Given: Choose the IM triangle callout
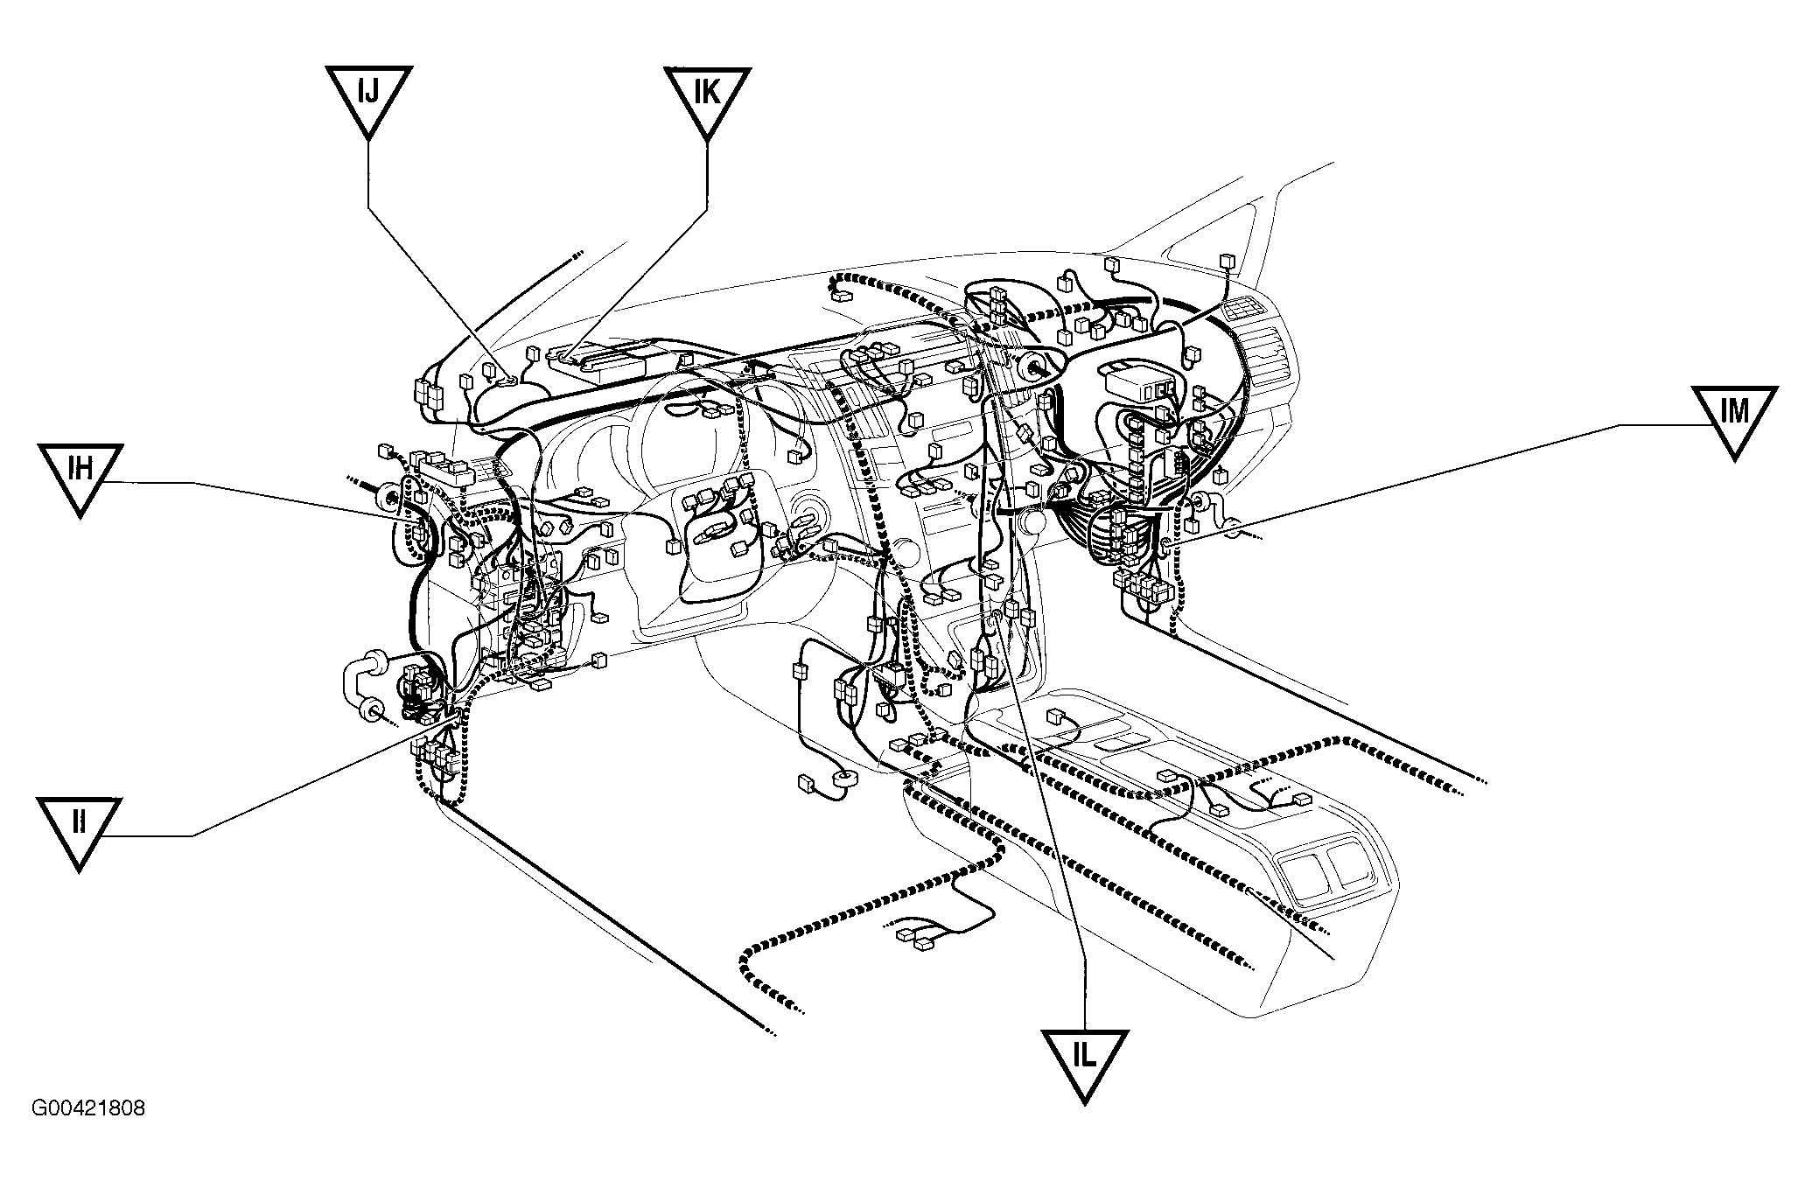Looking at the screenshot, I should click(x=1734, y=416).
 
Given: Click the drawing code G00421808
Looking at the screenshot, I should click(x=88, y=1108).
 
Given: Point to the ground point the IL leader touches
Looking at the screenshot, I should click(x=996, y=619).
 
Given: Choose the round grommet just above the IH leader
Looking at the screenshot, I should click(x=386, y=500).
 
